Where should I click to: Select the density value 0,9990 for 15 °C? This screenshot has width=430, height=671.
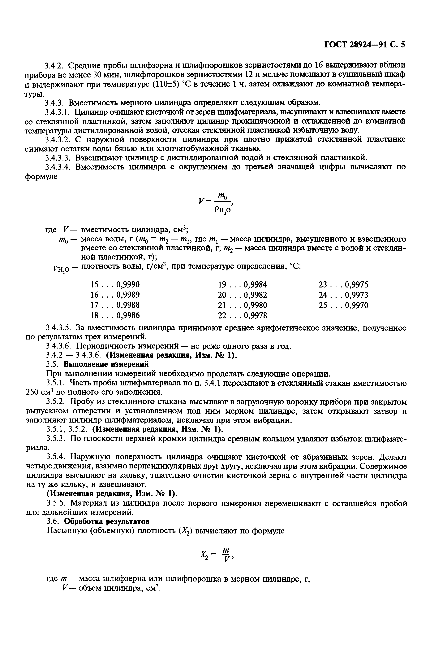(128, 285)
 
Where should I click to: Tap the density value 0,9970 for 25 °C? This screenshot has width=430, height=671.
(357, 305)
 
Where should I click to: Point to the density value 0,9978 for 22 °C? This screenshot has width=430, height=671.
(255, 316)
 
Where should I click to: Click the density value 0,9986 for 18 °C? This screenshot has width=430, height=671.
(128, 316)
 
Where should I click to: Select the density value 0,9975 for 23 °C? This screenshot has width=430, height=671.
(357, 285)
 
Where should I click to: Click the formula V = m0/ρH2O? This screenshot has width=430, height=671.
(215, 203)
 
